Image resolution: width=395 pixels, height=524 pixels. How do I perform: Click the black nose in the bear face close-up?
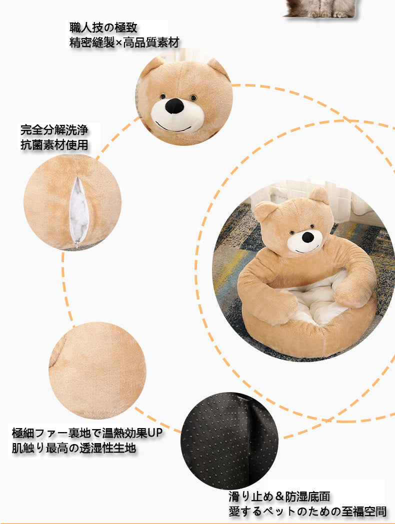(x=174, y=105)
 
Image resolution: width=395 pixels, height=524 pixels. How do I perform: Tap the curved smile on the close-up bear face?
(x=173, y=128)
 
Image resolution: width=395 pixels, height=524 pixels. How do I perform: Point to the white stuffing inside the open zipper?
(x=78, y=210)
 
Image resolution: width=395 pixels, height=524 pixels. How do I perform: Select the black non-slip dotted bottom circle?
(x=229, y=441)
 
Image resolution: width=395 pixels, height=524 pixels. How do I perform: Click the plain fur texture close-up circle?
(x=97, y=370)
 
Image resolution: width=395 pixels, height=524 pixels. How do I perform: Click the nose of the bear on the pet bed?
(x=307, y=237)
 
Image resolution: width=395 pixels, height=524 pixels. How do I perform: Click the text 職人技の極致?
(x=103, y=27)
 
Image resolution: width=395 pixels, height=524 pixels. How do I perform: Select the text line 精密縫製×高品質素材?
(x=124, y=42)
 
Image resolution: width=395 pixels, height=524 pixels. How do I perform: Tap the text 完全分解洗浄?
(x=54, y=130)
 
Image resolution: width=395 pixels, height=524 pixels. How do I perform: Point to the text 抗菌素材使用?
(x=54, y=145)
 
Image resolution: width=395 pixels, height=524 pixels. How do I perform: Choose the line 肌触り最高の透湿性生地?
(x=74, y=448)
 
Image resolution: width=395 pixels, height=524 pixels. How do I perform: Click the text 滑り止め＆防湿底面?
(x=279, y=496)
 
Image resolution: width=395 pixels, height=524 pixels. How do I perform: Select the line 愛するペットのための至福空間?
(x=307, y=512)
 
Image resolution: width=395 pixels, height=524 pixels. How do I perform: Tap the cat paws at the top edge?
(x=324, y=13)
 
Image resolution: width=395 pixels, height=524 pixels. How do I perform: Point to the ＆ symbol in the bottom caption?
(x=279, y=496)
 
